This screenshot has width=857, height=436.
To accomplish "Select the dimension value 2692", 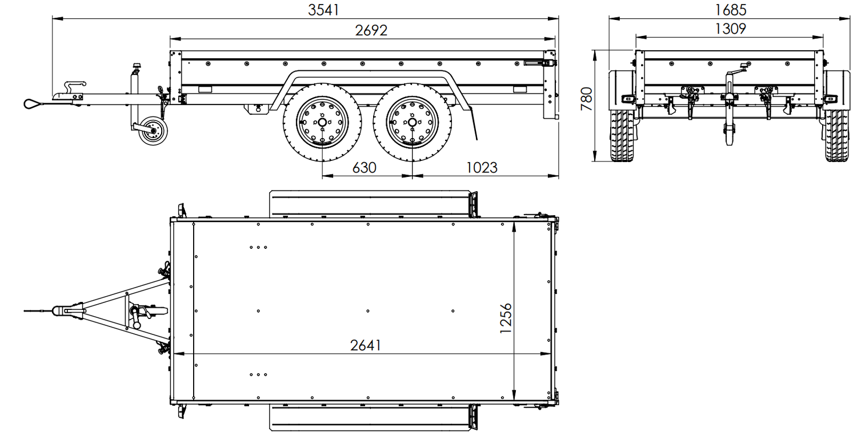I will point(371,30).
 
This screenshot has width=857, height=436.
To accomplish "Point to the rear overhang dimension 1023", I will point(482,167).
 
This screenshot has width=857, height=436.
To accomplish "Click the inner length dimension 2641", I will point(366,345).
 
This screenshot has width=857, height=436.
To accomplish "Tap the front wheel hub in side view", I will point(322,122).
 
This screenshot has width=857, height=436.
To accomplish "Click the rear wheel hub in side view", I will point(411,122).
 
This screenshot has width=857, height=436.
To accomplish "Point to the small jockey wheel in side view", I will point(152,131).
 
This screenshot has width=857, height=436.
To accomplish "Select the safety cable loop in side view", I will point(32,103).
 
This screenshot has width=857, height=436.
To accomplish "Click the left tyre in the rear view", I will point(622,135).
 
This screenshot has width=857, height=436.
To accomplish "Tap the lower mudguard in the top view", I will point(371,417).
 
